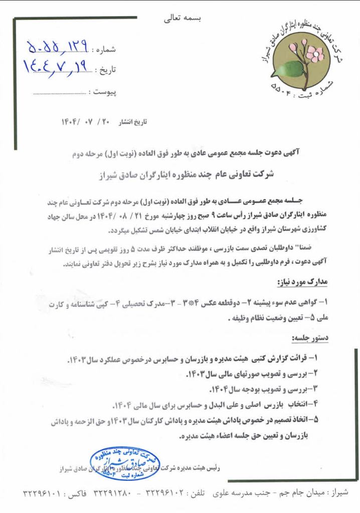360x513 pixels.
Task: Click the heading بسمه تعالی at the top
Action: click(x=182, y=19)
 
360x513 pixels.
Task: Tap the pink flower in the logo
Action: click(x=314, y=52)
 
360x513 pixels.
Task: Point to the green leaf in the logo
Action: click(x=290, y=69)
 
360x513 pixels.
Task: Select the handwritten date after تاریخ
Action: click(x=56, y=67)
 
